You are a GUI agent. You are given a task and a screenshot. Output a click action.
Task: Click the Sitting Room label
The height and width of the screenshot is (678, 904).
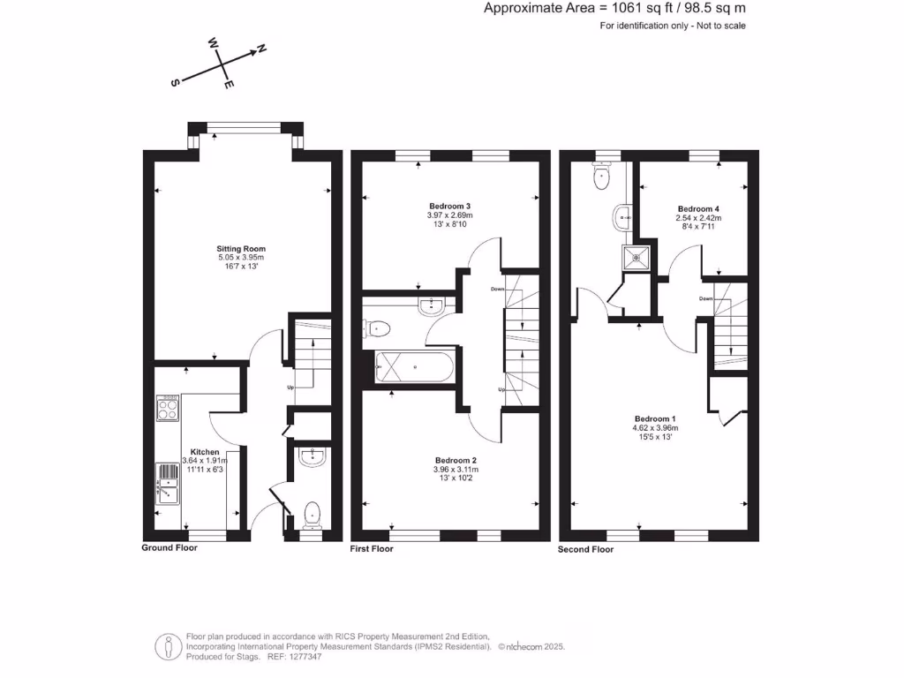[x=242, y=249]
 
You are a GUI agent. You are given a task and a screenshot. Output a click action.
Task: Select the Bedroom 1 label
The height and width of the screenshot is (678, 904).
[x=656, y=418]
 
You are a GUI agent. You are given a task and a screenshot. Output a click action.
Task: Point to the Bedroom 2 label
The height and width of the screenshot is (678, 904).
[x=456, y=460]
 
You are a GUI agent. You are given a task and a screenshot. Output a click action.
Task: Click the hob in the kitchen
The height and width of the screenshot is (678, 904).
[x=168, y=408]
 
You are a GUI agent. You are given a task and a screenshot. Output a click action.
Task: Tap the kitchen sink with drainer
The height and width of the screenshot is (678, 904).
[x=168, y=485]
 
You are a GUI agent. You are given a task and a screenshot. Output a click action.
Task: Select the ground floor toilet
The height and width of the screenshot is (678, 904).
[x=312, y=513]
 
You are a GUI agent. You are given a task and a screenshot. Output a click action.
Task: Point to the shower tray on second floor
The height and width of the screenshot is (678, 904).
[x=635, y=258]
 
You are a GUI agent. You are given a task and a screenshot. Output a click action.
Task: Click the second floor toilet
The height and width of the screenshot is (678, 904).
[x=603, y=177]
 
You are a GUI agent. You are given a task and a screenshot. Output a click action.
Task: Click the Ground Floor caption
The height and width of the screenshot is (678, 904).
[x=169, y=548]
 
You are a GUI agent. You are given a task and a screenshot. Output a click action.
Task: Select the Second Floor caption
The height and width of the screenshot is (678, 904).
[x=585, y=549]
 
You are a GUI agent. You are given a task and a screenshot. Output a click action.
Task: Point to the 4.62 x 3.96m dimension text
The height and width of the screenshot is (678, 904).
[x=656, y=428]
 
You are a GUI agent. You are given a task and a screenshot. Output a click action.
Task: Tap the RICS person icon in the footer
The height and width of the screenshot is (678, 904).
[x=168, y=646]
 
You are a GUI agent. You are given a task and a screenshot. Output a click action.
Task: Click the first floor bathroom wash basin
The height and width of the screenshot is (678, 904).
[x=432, y=306]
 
